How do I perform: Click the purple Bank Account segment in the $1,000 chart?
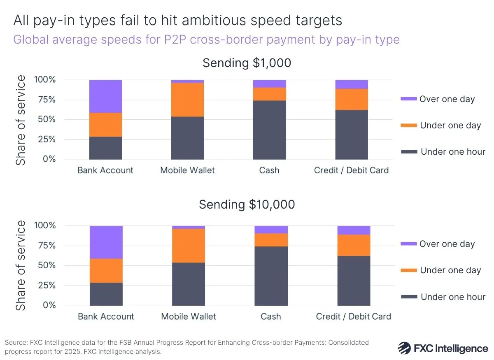point(105,96)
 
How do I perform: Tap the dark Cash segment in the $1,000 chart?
point(269,130)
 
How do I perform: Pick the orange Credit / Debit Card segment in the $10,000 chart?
point(354,245)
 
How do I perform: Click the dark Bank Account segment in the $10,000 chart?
point(106,294)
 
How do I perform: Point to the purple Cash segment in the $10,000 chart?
point(271,230)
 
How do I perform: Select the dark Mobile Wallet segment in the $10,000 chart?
point(189,284)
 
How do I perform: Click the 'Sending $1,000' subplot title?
point(247,63)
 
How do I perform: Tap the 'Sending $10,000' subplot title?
point(247,204)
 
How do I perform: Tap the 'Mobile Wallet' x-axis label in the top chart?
point(187,170)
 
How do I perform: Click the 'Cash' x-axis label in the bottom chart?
point(271,316)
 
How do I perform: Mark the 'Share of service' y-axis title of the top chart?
point(21,120)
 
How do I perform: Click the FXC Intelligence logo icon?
point(405,348)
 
